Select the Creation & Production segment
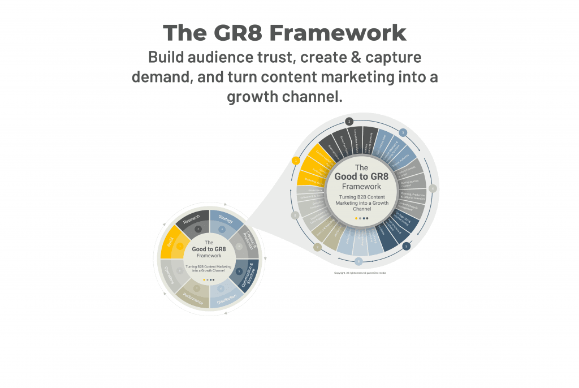(x=248, y=241)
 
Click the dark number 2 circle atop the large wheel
(x=349, y=122)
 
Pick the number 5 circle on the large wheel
(x=406, y=246)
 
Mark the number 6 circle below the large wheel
(x=358, y=261)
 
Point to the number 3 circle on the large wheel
(x=403, y=133)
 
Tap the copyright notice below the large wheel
(x=360, y=273)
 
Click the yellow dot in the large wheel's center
(x=356, y=218)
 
